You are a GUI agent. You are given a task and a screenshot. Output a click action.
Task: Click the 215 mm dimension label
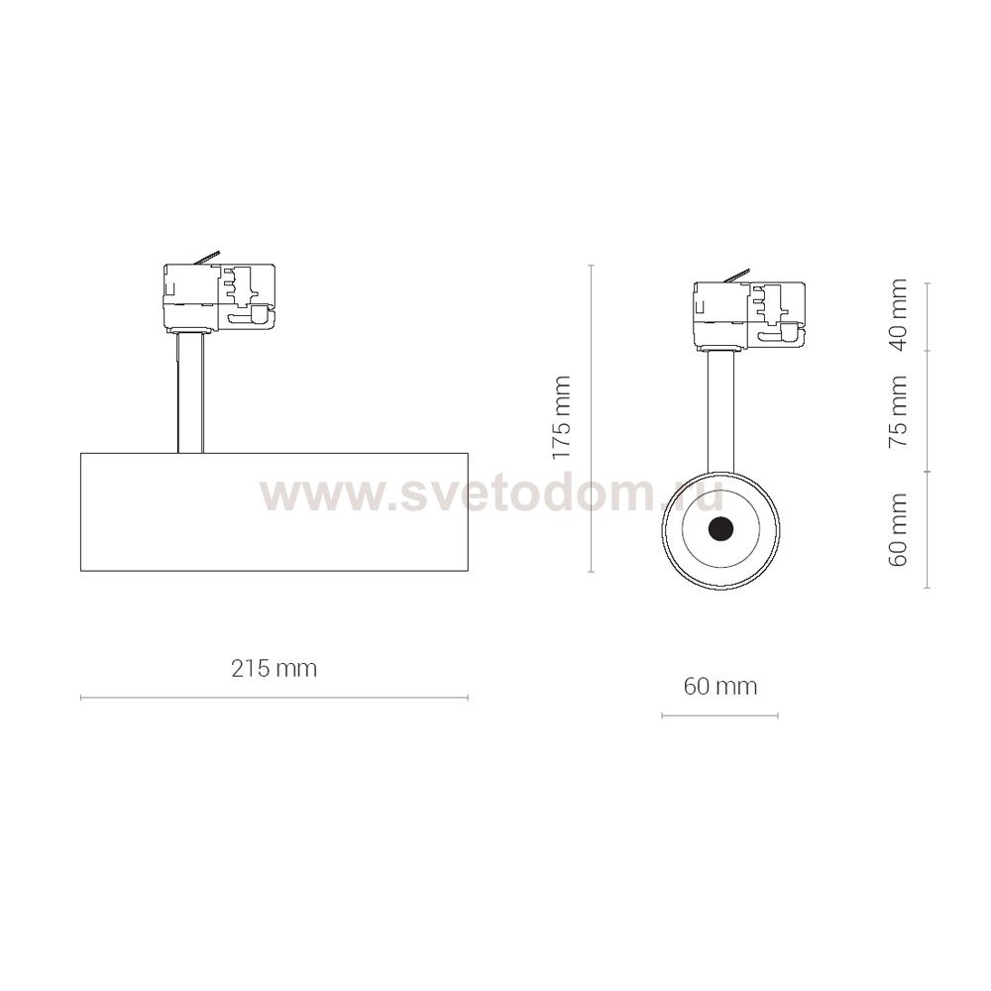click(x=274, y=668)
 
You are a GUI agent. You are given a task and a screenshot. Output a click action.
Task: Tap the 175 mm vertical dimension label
click(x=561, y=418)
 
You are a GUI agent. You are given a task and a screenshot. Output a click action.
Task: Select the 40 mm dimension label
click(x=898, y=314)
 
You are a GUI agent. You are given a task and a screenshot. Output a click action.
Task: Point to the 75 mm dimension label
click(x=898, y=411)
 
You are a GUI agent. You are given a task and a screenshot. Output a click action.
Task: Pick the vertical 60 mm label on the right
click(x=898, y=529)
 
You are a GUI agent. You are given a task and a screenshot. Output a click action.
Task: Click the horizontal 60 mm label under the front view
click(x=719, y=686)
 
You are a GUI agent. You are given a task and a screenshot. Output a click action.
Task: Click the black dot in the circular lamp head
click(x=719, y=529)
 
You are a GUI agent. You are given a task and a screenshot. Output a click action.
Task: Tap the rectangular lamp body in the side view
click(x=275, y=512)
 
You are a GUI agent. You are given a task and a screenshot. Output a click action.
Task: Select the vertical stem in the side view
click(x=190, y=392)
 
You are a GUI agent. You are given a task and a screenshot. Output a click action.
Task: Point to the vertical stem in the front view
click(x=720, y=411)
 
